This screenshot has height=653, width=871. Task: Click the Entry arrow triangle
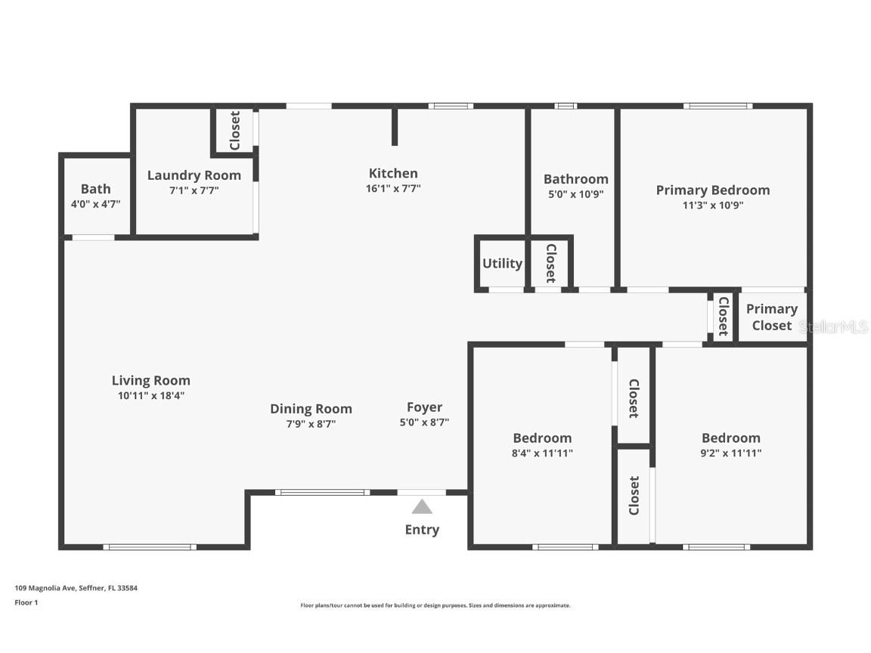coord(422,506)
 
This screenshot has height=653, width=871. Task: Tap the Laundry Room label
coord(194,175)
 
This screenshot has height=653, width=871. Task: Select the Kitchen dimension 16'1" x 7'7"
coord(393,189)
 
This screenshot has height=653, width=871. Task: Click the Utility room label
coord(502,264)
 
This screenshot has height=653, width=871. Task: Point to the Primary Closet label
coord(771,317)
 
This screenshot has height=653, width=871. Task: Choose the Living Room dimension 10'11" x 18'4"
coord(151,395)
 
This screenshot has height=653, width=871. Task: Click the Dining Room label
coord(311,409)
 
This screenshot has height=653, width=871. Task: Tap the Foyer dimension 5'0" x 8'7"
coord(424,423)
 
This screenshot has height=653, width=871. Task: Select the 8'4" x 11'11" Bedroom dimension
coord(542,453)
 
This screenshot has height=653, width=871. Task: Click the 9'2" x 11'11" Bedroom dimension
coord(730,453)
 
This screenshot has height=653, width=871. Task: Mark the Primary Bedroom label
coord(713,190)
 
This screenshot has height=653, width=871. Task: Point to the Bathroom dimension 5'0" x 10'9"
coord(575,193)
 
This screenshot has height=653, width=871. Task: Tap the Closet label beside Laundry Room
coord(235,131)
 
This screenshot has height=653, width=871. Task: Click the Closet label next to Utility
coord(550,263)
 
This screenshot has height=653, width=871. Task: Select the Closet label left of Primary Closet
coord(723,316)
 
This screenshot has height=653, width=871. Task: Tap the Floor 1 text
coord(26,602)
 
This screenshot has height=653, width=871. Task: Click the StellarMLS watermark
coord(835,327)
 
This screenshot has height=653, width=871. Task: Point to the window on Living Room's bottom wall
coord(150,546)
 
